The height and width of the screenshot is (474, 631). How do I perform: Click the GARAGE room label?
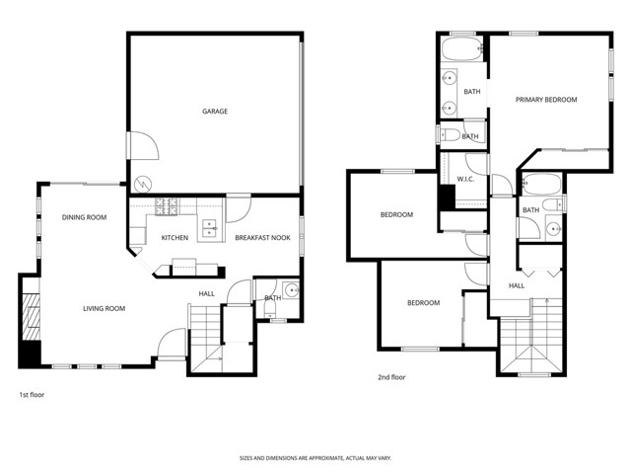tap(215, 112)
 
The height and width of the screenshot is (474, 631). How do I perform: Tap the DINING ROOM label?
tap(84, 217)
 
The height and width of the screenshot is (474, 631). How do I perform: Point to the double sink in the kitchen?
tap(210, 229)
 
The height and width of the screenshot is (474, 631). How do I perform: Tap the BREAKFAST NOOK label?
tap(262, 238)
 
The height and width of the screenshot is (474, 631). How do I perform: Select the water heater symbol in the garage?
tap(144, 184)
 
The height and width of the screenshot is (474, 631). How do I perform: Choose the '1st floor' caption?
tap(32, 394)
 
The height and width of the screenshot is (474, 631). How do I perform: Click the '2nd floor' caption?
tap(391, 376)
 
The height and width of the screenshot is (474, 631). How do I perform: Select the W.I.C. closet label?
tap(466, 179)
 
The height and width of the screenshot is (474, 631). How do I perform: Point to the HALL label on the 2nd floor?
tap(517, 285)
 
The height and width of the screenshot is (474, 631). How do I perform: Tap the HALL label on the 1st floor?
tap(206, 293)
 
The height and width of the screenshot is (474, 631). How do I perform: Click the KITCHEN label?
tap(175, 238)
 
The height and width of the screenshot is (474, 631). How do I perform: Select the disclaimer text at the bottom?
tap(315, 458)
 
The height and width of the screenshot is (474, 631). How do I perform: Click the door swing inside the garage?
tap(144, 146)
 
